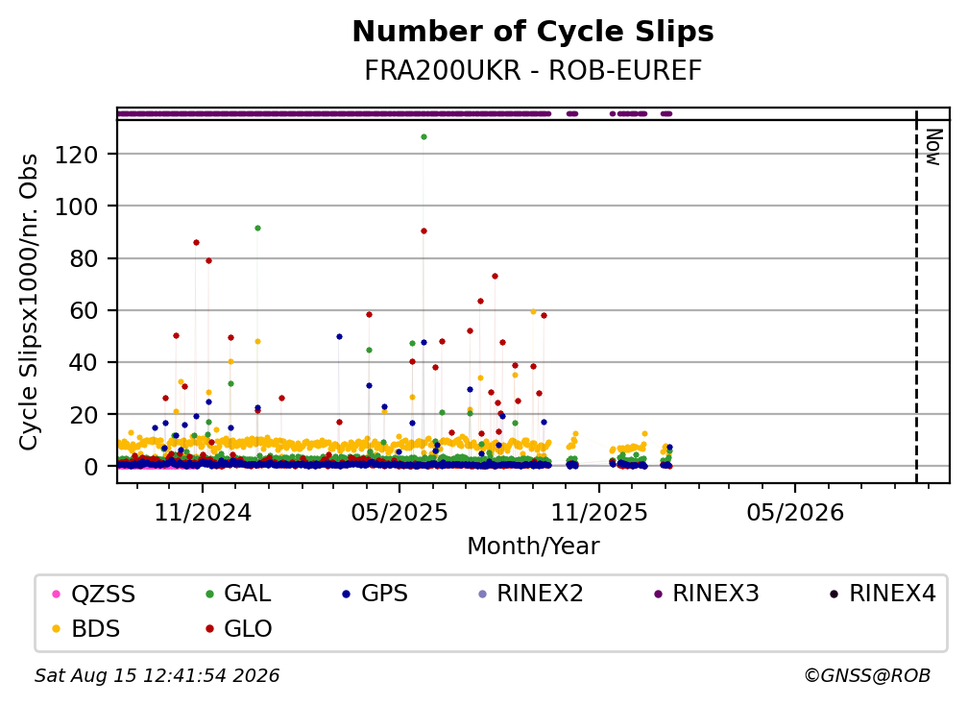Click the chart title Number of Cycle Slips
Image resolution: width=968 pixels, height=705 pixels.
click(533, 32)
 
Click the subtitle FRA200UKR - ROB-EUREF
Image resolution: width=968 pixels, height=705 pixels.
click(533, 71)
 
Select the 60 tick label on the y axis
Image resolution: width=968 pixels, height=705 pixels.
click(84, 310)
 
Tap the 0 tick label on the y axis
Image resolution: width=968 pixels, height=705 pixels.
click(91, 467)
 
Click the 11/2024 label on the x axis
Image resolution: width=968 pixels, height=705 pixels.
click(203, 513)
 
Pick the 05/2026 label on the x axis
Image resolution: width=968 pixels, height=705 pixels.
click(794, 513)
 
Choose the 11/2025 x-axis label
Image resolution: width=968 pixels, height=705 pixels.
click(599, 513)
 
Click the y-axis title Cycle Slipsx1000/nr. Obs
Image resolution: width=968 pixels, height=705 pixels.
click(29, 302)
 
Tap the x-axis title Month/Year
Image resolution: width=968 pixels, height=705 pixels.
click(533, 547)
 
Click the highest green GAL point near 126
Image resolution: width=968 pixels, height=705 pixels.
click(423, 137)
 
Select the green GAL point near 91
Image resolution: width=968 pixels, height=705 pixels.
click(257, 229)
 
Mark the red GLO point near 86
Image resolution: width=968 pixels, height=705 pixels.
click(196, 243)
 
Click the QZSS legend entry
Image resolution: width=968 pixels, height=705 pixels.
click(94, 594)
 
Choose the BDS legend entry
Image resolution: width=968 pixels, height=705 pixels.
click(86, 629)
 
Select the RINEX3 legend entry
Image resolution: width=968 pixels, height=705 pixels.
click(707, 594)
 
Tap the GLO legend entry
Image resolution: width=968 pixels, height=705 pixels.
click(239, 629)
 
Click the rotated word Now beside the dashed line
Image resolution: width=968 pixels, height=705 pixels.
click(934, 147)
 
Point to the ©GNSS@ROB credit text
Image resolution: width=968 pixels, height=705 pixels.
click(867, 676)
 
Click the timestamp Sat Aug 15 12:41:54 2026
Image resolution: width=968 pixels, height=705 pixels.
click(157, 676)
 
